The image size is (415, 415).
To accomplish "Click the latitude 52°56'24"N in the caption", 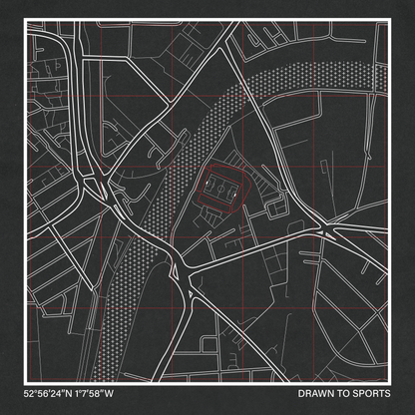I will (51, 390).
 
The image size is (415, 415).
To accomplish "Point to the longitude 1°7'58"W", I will (105, 390).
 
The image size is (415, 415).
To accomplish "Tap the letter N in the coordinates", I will (74, 390).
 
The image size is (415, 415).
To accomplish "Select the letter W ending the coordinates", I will (125, 390).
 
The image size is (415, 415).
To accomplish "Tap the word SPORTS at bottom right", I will (372, 390).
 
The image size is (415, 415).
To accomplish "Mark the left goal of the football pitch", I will (206, 186).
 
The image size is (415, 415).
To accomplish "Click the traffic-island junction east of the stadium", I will (327, 232).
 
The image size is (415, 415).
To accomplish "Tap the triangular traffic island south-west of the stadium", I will (183, 266).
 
